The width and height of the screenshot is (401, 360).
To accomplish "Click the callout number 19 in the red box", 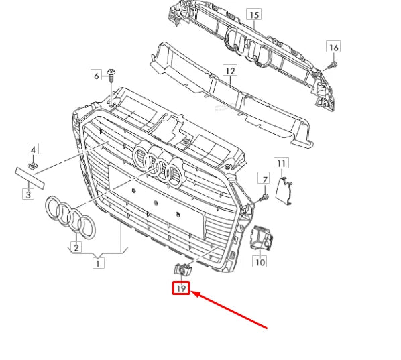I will click(x=180, y=289).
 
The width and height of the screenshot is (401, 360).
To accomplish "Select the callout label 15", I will click(x=253, y=14).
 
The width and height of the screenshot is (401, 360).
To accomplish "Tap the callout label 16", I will click(x=333, y=46).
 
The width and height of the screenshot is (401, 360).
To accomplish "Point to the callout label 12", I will click(x=230, y=70).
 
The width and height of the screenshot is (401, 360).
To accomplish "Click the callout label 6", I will click(x=95, y=76).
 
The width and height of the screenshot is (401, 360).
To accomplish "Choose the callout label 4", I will click(x=33, y=148).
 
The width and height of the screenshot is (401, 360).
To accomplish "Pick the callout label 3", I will click(x=27, y=194).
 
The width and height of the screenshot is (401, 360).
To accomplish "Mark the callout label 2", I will click(x=76, y=247).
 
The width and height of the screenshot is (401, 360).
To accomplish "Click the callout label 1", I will click(x=99, y=263).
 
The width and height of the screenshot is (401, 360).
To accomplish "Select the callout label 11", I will click(x=282, y=163).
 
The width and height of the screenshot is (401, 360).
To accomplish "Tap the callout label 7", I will click(x=264, y=179).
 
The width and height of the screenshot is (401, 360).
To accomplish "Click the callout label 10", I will click(x=260, y=262).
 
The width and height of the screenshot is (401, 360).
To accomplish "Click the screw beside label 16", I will click(x=331, y=64).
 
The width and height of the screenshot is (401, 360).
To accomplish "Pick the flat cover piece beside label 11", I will click(x=286, y=188).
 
